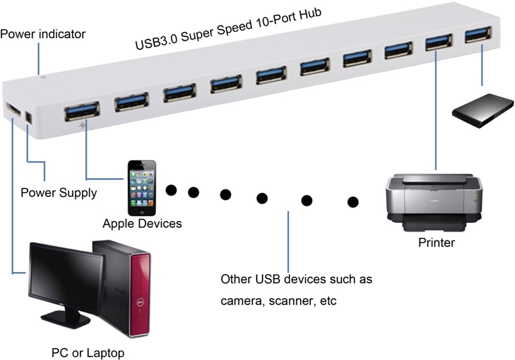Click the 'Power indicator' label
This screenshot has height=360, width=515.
click(x=43, y=33)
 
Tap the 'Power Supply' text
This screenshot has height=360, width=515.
click(x=58, y=193)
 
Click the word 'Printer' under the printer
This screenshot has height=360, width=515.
click(x=436, y=242)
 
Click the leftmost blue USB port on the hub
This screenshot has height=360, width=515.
click(x=81, y=112)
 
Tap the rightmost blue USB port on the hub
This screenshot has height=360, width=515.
click(x=477, y=36)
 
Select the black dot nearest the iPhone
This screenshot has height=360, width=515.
click(x=171, y=190)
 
